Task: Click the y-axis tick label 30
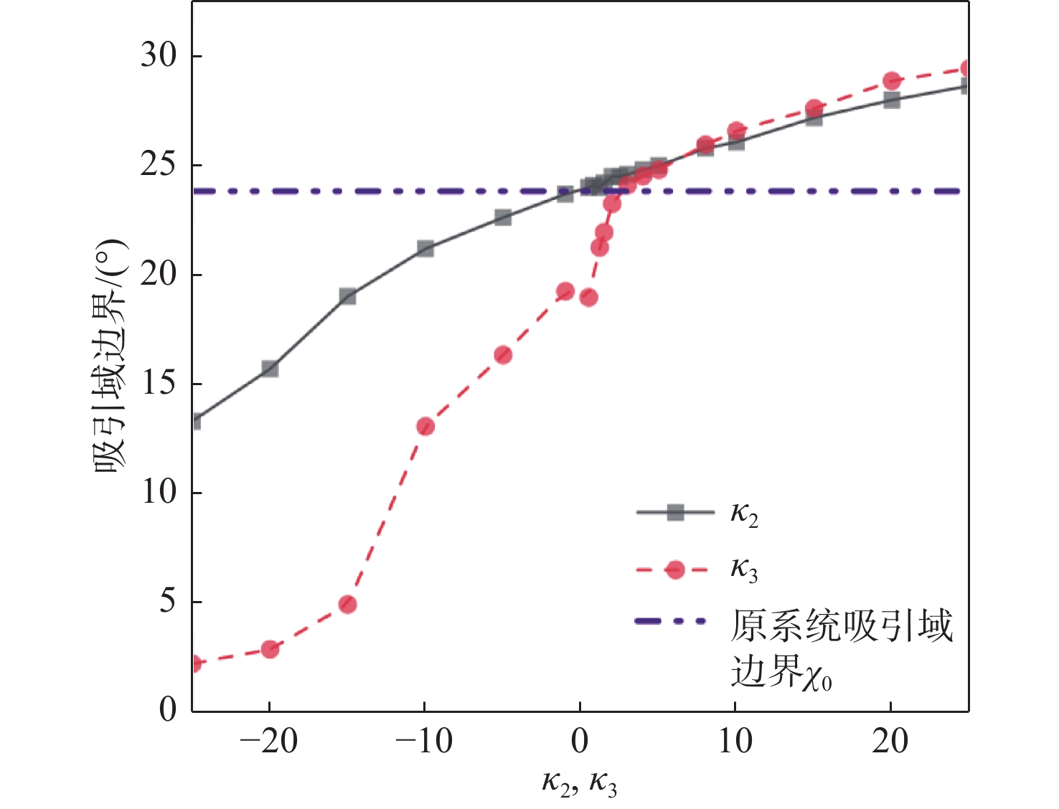coord(159,55)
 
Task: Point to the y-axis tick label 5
coord(167,601)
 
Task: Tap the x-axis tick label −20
coord(268,741)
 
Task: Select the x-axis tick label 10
coord(735,741)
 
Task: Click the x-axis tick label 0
coord(580,741)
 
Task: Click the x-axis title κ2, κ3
coord(579,782)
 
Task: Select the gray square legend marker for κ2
coord(675,512)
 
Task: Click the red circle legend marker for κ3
coord(675,569)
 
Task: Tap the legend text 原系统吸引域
coord(841,625)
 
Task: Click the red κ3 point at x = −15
coord(347,605)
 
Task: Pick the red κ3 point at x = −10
coord(425,427)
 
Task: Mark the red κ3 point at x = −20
coord(270,649)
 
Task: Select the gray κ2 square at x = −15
coord(347,296)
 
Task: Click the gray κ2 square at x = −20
coord(270,369)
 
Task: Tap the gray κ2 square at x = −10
coord(425,249)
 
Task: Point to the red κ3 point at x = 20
coord(892,80)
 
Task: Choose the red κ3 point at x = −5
coord(503,355)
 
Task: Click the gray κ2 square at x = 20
coord(892,100)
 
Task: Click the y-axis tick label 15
coord(159,383)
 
